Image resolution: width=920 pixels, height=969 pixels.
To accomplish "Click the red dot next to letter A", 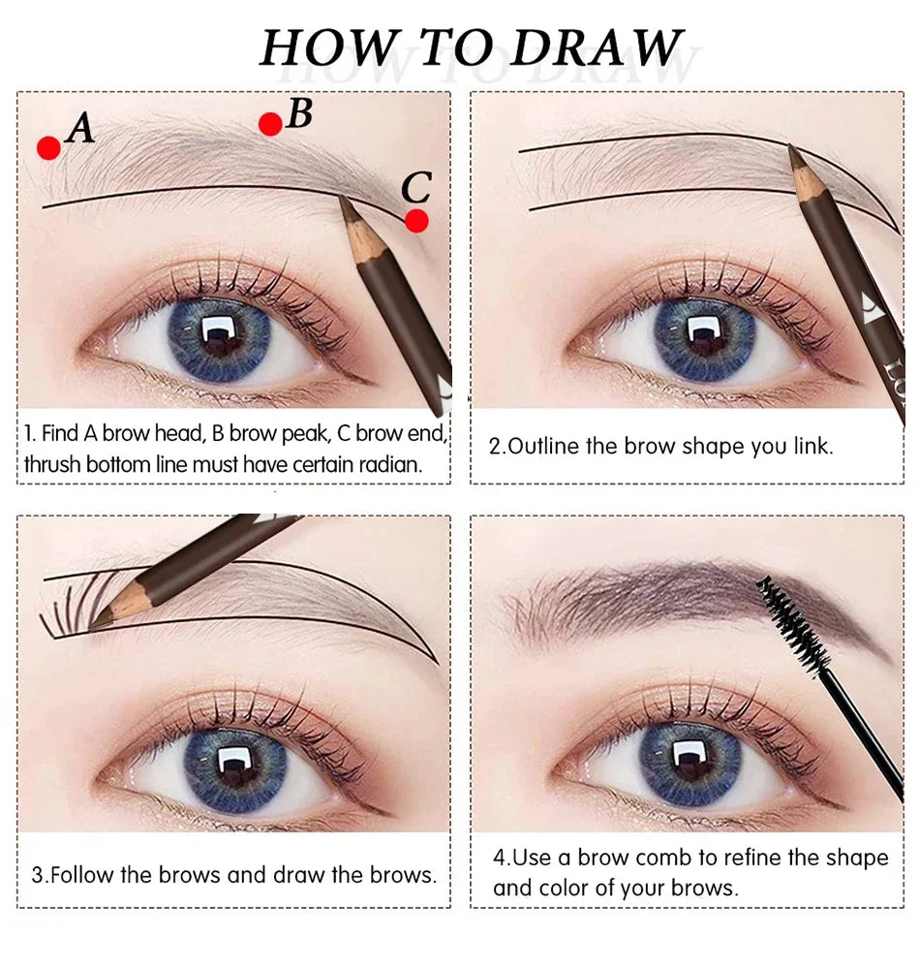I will [48, 147].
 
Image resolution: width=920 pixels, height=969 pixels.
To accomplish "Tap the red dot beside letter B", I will [271, 123].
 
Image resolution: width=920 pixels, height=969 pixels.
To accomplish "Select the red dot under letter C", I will [416, 221].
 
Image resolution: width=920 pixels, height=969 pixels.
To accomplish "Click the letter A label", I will [81, 128].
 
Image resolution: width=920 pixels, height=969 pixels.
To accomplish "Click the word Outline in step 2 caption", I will [543, 447].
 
